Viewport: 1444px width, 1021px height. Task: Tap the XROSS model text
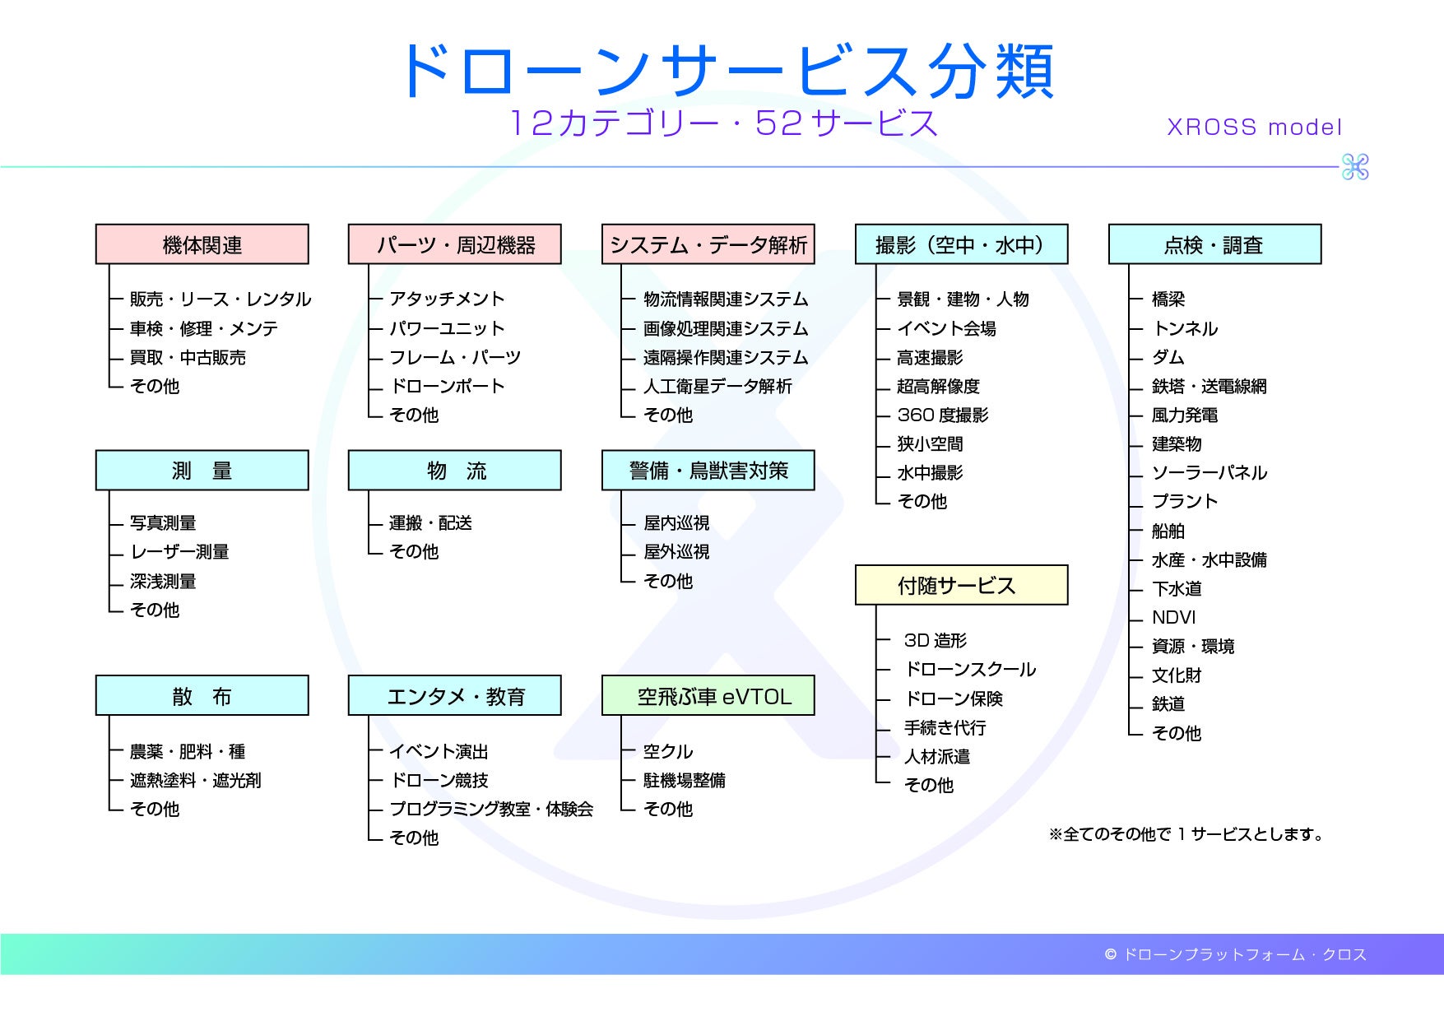coord(1254,127)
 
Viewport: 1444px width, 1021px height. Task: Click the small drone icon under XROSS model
coord(1354,167)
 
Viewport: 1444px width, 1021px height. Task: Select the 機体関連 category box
coord(202,244)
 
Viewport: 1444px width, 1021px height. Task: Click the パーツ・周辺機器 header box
coord(455,244)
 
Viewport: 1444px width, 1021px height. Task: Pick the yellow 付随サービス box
coord(961,585)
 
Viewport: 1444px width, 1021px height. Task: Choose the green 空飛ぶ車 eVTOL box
coord(708,696)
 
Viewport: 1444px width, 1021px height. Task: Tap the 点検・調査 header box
coord(1214,244)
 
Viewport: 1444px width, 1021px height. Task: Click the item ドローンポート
coord(447,386)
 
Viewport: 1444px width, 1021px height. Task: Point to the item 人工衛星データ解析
coord(717,386)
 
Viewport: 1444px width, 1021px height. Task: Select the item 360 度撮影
coord(943,415)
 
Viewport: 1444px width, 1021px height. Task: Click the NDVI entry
coord(1173,617)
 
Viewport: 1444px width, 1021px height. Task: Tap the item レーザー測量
coord(179,551)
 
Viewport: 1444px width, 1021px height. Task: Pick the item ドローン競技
coord(439,780)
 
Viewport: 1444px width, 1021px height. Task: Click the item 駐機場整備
coord(685,780)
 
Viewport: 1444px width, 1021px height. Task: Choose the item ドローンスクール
coord(970,669)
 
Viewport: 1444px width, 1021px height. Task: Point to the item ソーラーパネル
coord(1210,472)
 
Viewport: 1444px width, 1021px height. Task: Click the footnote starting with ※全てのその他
coord(1186,834)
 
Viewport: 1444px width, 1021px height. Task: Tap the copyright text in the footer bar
coord(1235,954)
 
